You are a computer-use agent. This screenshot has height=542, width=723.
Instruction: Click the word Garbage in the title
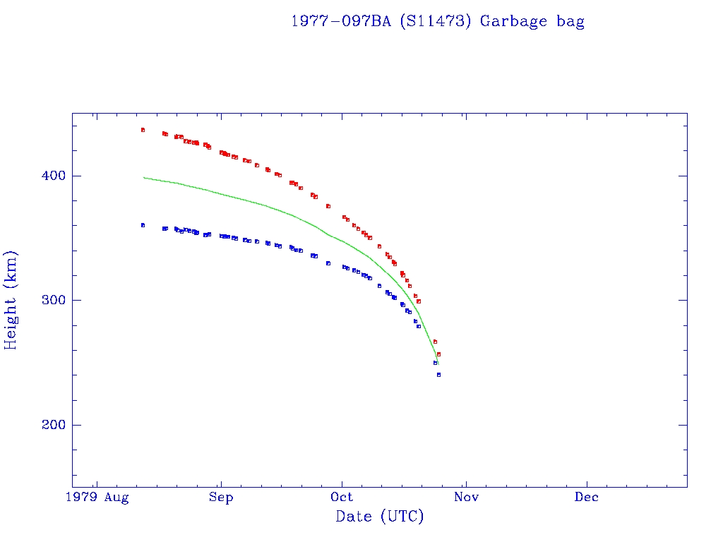pyautogui.click(x=513, y=21)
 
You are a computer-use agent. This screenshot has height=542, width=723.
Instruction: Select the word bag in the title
pyautogui.click(x=570, y=21)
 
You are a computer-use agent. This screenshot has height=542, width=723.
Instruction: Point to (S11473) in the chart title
pyautogui.click(x=436, y=21)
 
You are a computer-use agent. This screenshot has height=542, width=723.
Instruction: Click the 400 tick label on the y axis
pyautogui.click(x=53, y=176)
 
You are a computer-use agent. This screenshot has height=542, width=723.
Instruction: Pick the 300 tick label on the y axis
pyautogui.click(x=53, y=300)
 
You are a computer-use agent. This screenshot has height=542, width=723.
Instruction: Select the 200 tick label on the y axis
pyautogui.click(x=53, y=425)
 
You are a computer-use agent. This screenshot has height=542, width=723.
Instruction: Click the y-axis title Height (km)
pyautogui.click(x=11, y=300)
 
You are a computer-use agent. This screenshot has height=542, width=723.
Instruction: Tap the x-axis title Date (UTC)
pyautogui.click(x=380, y=517)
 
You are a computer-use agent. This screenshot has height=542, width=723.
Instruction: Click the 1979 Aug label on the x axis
pyautogui.click(x=97, y=498)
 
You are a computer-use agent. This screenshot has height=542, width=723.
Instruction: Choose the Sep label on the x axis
pyautogui.click(x=221, y=498)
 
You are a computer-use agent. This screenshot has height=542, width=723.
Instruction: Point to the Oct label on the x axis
pyautogui.click(x=342, y=498)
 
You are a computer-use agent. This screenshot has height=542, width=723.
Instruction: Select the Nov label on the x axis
pyautogui.click(x=466, y=498)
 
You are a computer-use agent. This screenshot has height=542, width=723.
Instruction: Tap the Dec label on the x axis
pyautogui.click(x=587, y=498)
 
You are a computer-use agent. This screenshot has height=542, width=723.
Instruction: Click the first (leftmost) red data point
pyautogui.click(x=143, y=130)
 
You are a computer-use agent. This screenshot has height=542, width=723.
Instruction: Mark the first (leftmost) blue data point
pyautogui.click(x=143, y=225)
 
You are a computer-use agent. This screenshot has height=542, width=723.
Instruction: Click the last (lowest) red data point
pyautogui.click(x=438, y=354)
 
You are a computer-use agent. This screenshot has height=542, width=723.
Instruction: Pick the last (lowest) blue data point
pyautogui.click(x=438, y=375)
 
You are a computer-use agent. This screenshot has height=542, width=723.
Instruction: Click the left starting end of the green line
pyautogui.click(x=143, y=177)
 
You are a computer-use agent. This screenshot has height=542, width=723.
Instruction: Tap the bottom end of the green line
pyautogui.click(x=438, y=364)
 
